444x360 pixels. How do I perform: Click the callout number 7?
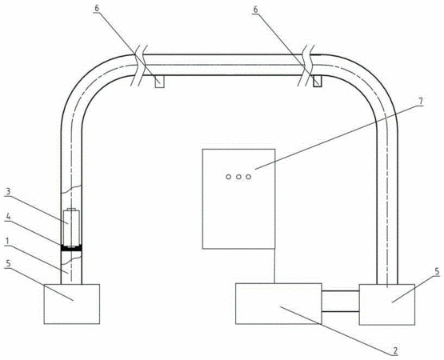(x=420, y=101)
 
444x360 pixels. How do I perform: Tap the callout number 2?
(x=395, y=350)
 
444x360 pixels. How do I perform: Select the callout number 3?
(x=8, y=192)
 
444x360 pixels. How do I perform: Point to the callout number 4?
(x=8, y=217)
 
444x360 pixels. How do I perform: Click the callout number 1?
(x=6, y=242)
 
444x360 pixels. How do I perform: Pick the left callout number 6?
(x=97, y=8)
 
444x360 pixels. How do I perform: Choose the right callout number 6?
(x=255, y=10)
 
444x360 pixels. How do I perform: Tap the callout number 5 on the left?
(x=8, y=264)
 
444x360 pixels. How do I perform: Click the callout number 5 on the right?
(x=437, y=272)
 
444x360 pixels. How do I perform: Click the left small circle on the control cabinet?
(x=228, y=177)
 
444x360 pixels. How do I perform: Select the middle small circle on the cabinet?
(x=238, y=177)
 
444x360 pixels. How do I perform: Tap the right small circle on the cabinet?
(x=248, y=177)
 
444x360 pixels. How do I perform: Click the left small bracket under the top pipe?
(x=159, y=82)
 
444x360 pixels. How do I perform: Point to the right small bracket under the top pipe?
(x=317, y=82)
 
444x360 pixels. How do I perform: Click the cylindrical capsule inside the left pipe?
(x=71, y=227)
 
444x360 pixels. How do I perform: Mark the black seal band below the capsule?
(x=71, y=249)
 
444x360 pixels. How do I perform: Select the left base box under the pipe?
(x=72, y=304)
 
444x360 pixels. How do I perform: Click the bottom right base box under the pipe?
(x=387, y=305)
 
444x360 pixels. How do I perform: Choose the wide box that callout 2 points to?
(x=278, y=304)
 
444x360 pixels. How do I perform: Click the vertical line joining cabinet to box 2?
(x=275, y=266)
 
